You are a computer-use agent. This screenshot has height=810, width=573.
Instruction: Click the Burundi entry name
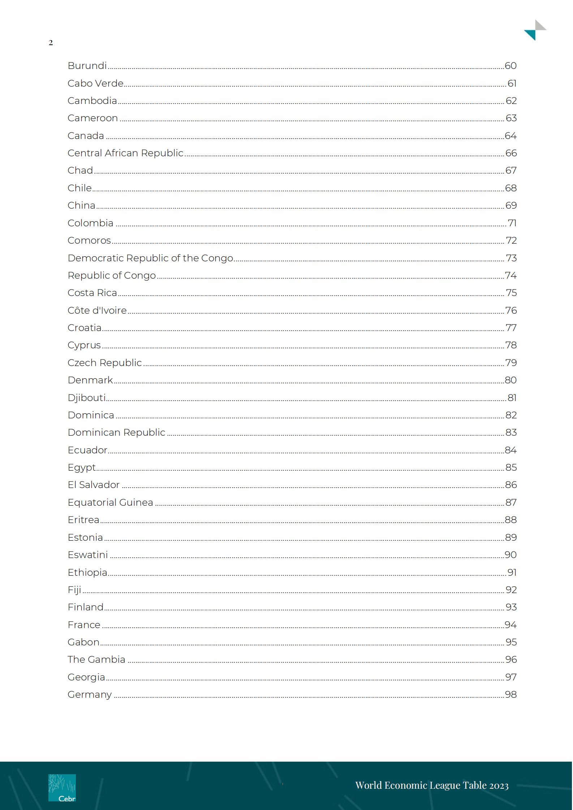click(87, 66)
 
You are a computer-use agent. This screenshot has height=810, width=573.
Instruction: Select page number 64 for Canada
click(510, 136)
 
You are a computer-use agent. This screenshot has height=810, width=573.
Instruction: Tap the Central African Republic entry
click(125, 153)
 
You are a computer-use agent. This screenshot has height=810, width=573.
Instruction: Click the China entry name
click(81, 205)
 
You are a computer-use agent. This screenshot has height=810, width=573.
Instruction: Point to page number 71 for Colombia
click(512, 223)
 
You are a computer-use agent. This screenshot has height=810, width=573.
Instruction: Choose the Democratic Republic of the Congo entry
click(150, 258)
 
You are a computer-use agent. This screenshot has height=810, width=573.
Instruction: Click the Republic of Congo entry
click(112, 275)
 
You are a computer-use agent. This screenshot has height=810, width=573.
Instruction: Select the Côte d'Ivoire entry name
click(97, 310)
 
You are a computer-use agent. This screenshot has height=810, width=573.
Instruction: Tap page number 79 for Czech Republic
click(511, 362)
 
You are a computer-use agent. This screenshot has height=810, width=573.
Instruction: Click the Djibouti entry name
click(87, 398)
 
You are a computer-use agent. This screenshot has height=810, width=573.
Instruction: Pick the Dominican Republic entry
click(116, 432)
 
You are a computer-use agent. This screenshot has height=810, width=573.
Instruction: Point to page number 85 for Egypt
click(511, 467)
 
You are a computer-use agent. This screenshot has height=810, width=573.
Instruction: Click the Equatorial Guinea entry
click(110, 502)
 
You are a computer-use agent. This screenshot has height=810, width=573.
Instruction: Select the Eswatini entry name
click(88, 555)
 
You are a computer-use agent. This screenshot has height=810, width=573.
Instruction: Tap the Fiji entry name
click(74, 590)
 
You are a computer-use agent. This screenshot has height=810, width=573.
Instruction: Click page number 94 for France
click(510, 625)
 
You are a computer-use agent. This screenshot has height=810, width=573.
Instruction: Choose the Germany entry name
click(90, 694)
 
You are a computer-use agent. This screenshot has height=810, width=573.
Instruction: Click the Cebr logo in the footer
click(62, 788)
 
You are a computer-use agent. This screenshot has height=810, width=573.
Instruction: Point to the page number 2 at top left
click(51, 43)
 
